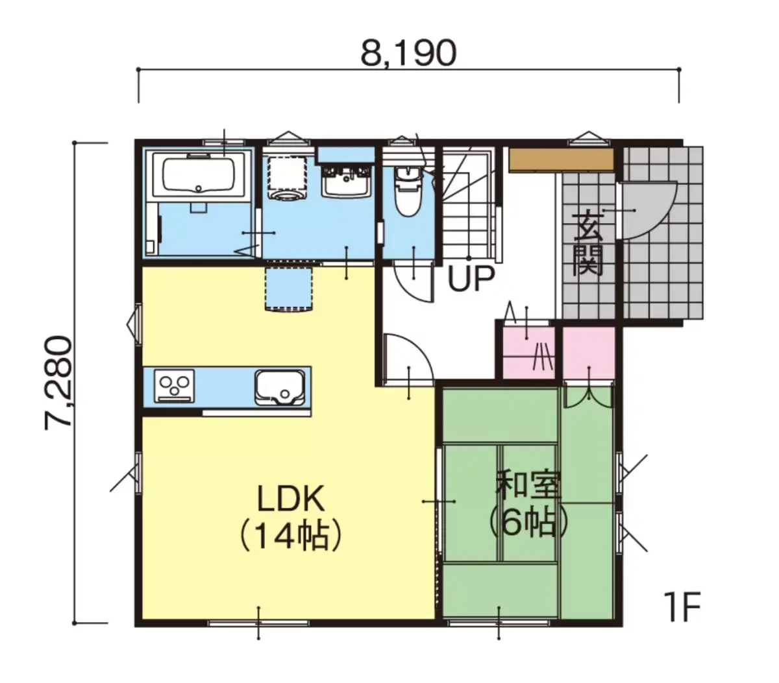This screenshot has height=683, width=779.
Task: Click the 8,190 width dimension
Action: pos(408,53)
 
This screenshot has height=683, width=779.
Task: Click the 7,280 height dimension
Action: pos(58,383)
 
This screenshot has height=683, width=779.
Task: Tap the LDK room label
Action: pos(291,498)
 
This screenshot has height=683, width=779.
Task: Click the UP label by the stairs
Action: pos(471,279)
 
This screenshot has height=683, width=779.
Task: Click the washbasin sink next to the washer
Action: pos(347,182)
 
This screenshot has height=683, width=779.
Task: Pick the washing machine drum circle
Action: pos(287,194)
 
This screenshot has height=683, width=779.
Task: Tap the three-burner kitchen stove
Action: pos(174,386)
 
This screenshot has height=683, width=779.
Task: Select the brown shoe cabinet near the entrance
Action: pos(561,160)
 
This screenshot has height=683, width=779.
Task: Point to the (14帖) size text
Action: pos(291,535)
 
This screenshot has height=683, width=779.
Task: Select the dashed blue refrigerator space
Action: pos(288,289)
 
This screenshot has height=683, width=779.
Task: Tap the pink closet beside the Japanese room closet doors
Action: pos(589,353)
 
